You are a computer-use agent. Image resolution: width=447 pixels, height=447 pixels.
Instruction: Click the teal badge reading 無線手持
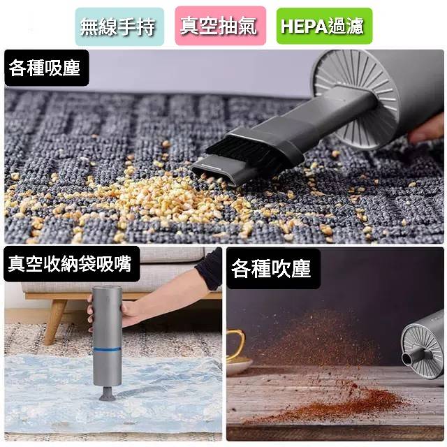(x=117, y=27)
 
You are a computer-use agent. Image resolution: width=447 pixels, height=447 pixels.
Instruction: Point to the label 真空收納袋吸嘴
(x=70, y=263)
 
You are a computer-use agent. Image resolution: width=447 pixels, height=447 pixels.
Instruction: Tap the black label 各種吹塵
(x=272, y=268)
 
